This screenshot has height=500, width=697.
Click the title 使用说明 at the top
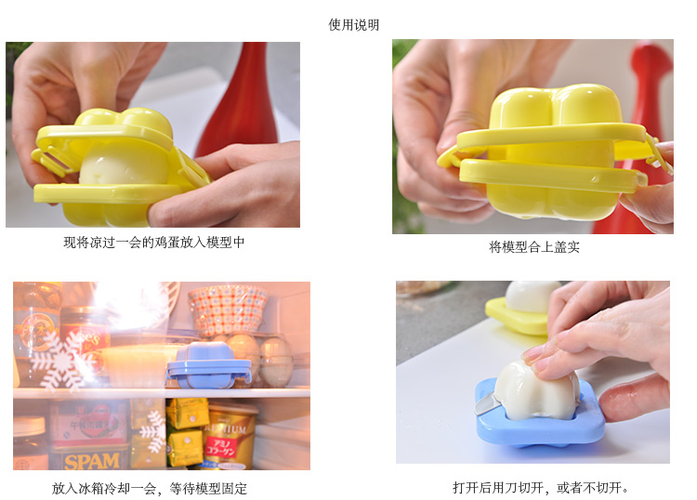tap(353, 25)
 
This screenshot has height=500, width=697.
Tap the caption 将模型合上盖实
tap(533, 246)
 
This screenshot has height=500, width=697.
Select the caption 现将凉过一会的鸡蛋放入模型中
tap(153, 243)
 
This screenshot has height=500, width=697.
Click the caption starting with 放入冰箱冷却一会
tap(149, 489)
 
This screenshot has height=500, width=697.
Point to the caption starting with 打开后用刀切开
tap(540, 488)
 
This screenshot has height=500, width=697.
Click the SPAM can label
tap(92, 461)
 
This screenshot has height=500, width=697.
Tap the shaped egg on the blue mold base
tap(536, 389)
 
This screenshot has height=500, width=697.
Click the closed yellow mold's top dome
tap(555, 108)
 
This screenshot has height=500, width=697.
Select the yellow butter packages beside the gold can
tap(187, 432)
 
